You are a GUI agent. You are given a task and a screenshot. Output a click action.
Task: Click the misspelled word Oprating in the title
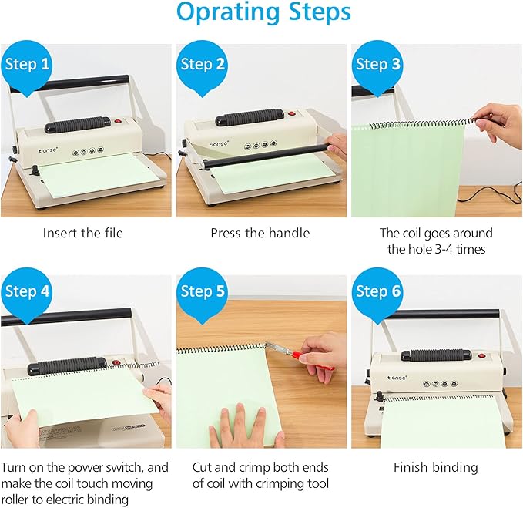point(216,13)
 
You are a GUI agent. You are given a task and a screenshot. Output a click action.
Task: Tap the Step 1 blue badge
point(28,64)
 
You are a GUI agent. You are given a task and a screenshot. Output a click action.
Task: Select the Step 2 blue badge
point(203,64)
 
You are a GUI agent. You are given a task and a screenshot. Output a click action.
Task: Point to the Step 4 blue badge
point(28,292)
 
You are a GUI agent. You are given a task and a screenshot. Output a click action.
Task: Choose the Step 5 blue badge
point(203,292)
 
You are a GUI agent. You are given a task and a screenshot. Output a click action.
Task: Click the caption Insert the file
point(82,233)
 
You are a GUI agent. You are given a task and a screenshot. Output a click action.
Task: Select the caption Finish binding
point(435,467)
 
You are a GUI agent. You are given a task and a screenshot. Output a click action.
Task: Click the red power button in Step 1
point(119,122)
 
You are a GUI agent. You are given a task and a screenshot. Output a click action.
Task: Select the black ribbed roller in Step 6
point(435,355)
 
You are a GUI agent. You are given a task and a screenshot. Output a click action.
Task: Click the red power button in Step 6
point(481,355)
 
